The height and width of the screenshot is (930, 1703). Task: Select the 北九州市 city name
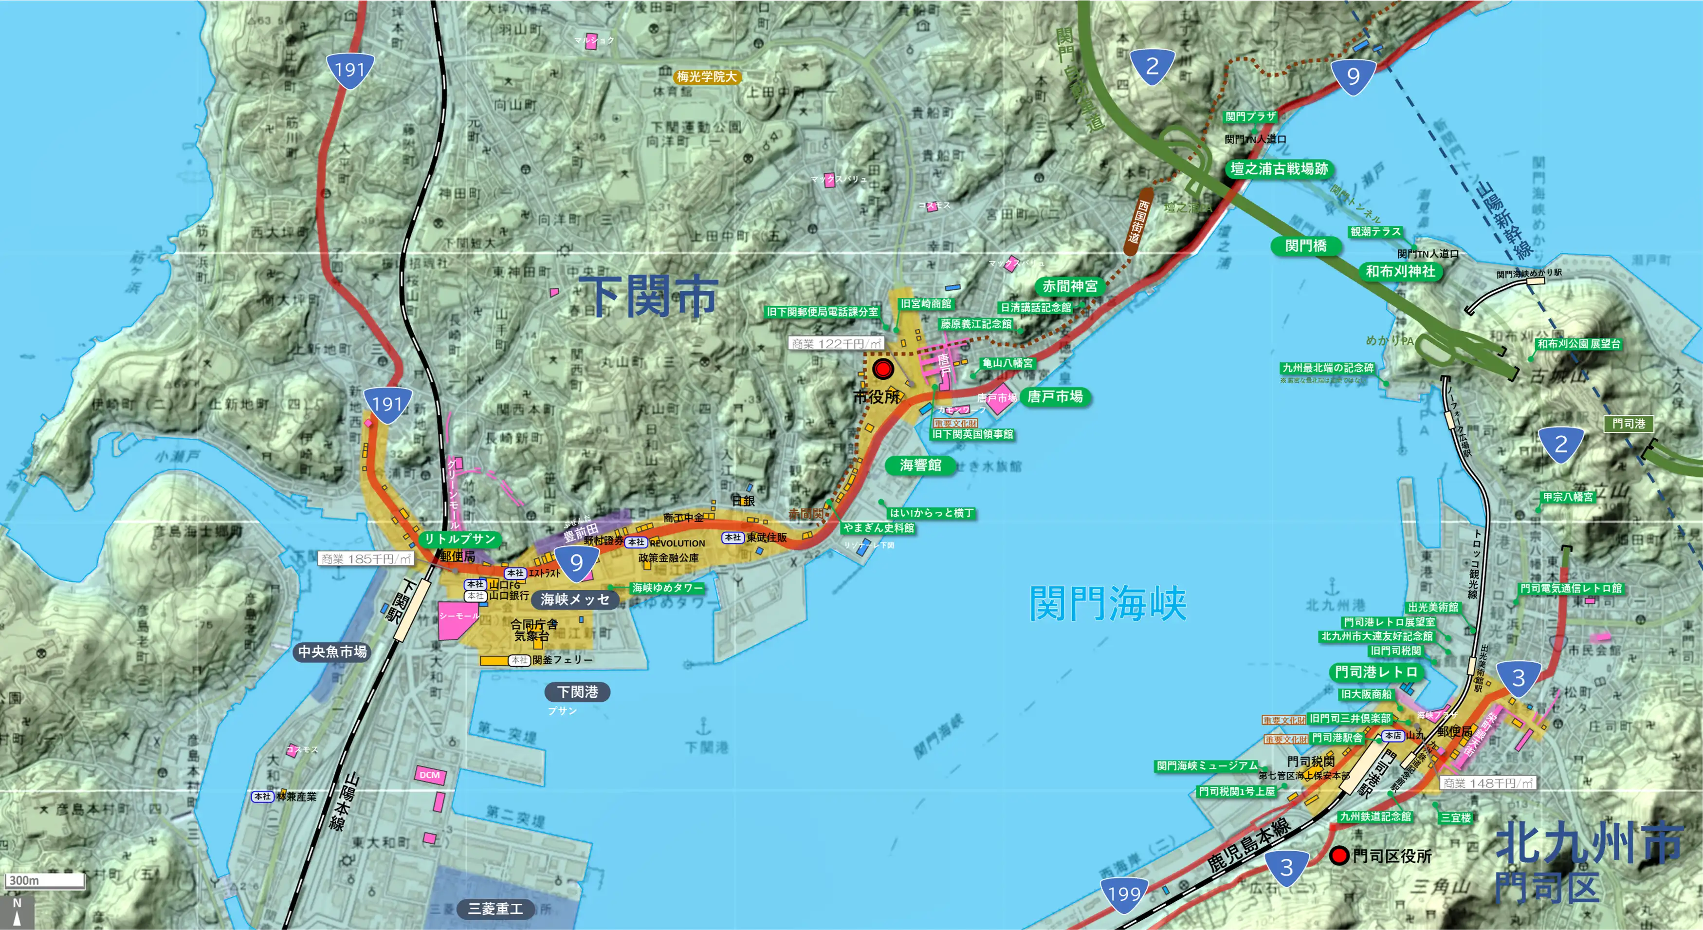pyautogui.click(x=1589, y=843)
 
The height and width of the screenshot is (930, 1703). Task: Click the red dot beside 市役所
pyautogui.click(x=882, y=369)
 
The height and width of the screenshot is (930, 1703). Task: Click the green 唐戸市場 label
pyautogui.click(x=1055, y=397)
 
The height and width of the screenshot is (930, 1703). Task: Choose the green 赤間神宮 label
pyautogui.click(x=1070, y=286)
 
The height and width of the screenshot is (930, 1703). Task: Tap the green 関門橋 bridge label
pyautogui.click(x=1306, y=246)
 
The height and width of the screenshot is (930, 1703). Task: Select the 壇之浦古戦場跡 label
pyautogui.click(x=1279, y=168)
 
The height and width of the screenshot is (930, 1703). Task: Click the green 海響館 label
pyautogui.click(x=920, y=465)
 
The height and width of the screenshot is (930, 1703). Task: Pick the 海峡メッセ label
pyautogui.click(x=574, y=599)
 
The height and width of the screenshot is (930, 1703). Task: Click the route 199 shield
pyautogui.click(x=1124, y=894)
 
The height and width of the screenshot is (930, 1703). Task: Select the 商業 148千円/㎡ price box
pyautogui.click(x=1487, y=783)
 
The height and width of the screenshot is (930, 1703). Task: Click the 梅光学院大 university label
pyautogui.click(x=706, y=77)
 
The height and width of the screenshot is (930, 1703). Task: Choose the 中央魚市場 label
pyautogui.click(x=332, y=651)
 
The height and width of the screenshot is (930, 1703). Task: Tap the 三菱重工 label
pyautogui.click(x=495, y=909)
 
